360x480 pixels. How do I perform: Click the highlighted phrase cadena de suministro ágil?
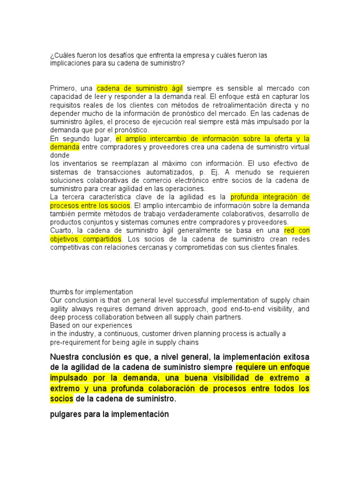point(140,88)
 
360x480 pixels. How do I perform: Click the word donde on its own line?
point(60,155)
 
